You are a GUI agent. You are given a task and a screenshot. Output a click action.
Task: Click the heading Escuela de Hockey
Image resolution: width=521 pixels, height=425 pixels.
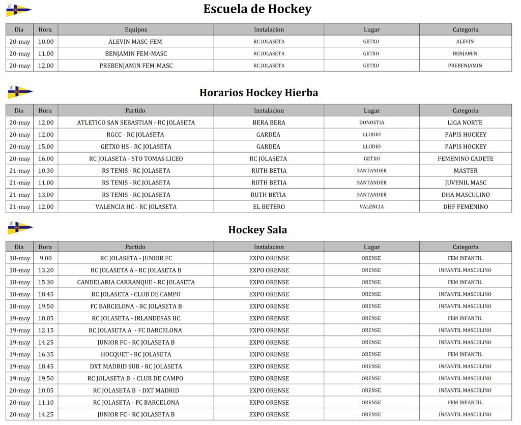click(x=257, y=9)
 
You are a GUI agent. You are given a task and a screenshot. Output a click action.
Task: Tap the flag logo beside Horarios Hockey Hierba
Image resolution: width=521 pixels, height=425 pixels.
click(x=20, y=92)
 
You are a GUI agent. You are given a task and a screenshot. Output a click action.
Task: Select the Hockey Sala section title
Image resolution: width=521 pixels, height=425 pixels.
click(x=257, y=230)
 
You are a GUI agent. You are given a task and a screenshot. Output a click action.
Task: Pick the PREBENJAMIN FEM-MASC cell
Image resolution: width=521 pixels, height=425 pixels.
click(x=136, y=66)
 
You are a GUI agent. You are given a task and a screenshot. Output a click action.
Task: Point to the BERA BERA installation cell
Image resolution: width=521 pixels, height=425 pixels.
click(x=269, y=123)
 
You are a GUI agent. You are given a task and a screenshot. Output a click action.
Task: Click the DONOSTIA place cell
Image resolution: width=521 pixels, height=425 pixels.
click(x=371, y=123)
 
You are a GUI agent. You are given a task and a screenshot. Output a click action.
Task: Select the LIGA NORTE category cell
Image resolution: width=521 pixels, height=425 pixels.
click(x=465, y=123)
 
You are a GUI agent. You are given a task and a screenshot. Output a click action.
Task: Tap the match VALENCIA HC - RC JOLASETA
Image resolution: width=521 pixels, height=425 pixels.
click(x=136, y=207)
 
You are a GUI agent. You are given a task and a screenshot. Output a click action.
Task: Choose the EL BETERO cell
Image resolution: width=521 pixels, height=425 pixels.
click(x=269, y=207)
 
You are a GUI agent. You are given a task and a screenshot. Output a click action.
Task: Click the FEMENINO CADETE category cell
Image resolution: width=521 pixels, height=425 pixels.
click(x=465, y=159)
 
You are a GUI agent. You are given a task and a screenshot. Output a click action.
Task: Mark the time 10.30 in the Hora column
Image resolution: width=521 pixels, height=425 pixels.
click(x=45, y=171)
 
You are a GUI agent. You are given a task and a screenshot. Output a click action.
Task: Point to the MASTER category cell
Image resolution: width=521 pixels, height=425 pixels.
click(x=465, y=171)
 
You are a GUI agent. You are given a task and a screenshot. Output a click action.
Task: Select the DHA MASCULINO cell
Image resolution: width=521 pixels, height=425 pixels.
click(x=465, y=195)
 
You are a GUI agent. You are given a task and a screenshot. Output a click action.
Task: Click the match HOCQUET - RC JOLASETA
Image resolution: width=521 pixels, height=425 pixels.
click(x=136, y=354)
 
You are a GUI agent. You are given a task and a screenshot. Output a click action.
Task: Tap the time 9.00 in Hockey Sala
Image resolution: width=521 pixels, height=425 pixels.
click(x=45, y=258)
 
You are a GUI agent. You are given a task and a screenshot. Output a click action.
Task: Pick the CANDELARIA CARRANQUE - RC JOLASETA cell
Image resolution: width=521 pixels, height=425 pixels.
click(x=136, y=282)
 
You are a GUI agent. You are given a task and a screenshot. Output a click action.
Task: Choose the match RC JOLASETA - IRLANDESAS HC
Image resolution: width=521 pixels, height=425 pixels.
click(x=136, y=318)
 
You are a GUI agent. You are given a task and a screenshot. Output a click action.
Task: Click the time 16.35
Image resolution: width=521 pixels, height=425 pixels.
click(x=45, y=354)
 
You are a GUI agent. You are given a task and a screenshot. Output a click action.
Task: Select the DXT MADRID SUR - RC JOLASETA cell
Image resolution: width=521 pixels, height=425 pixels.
click(x=136, y=367)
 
